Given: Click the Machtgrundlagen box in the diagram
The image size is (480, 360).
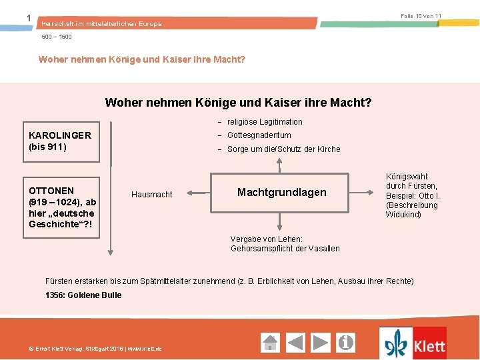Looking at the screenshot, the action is (281, 193).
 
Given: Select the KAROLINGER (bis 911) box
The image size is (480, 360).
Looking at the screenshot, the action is (61, 141).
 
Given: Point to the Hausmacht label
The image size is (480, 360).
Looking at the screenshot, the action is (151, 195).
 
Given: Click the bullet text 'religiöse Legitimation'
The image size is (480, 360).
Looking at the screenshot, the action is (265, 122).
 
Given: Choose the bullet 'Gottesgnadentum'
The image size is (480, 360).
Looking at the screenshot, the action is (259, 135).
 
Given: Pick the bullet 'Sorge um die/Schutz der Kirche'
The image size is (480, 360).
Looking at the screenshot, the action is (283, 149).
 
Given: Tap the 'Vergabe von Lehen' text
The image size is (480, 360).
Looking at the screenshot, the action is (285, 243).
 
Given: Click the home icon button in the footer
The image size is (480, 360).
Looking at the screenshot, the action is (270, 343).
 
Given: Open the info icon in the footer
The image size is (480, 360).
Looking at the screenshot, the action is (346, 343).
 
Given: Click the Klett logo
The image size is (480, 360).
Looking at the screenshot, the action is (413, 344).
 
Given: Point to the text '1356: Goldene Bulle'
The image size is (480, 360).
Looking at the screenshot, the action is (83, 295).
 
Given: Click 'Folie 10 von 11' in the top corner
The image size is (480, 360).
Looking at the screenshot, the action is (421, 15).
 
